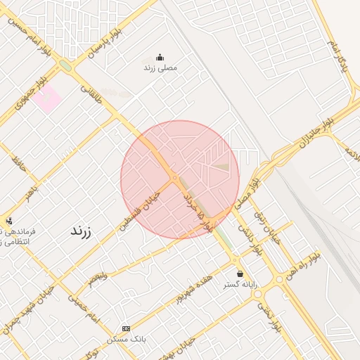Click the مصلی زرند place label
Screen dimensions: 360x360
coord(160,67)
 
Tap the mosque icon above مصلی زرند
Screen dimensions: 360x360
coord(160,58)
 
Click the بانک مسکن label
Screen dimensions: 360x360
coord(126,339)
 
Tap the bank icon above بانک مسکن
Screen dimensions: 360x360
coord(126,328)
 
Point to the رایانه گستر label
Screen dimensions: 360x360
coord(240,284)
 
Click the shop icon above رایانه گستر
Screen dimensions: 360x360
coord(240,274)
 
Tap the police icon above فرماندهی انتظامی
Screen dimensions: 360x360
coord(8,220)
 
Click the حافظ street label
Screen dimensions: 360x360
coord(18,165)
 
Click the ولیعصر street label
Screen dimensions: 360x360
coord(98,275)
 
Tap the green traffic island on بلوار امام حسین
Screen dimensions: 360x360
coord(65,65)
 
